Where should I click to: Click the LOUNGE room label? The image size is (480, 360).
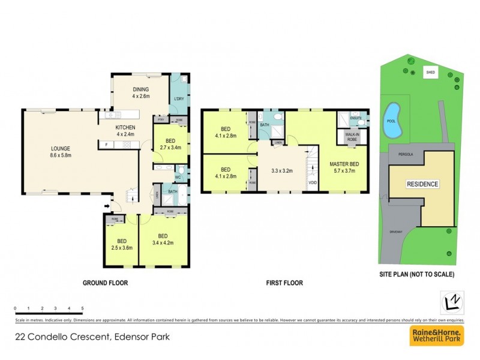61,152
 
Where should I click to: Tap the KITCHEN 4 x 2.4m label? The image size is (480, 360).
125,131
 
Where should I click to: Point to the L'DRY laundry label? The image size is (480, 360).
178,98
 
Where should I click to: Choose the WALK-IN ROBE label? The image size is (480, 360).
352,137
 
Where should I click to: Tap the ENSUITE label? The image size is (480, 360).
355,118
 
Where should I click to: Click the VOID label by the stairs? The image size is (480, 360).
312,182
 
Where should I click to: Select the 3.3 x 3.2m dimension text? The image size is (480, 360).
281,170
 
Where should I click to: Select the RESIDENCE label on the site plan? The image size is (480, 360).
423,184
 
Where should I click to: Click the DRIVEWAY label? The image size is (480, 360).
397,230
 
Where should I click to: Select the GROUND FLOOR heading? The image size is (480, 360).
105,283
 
